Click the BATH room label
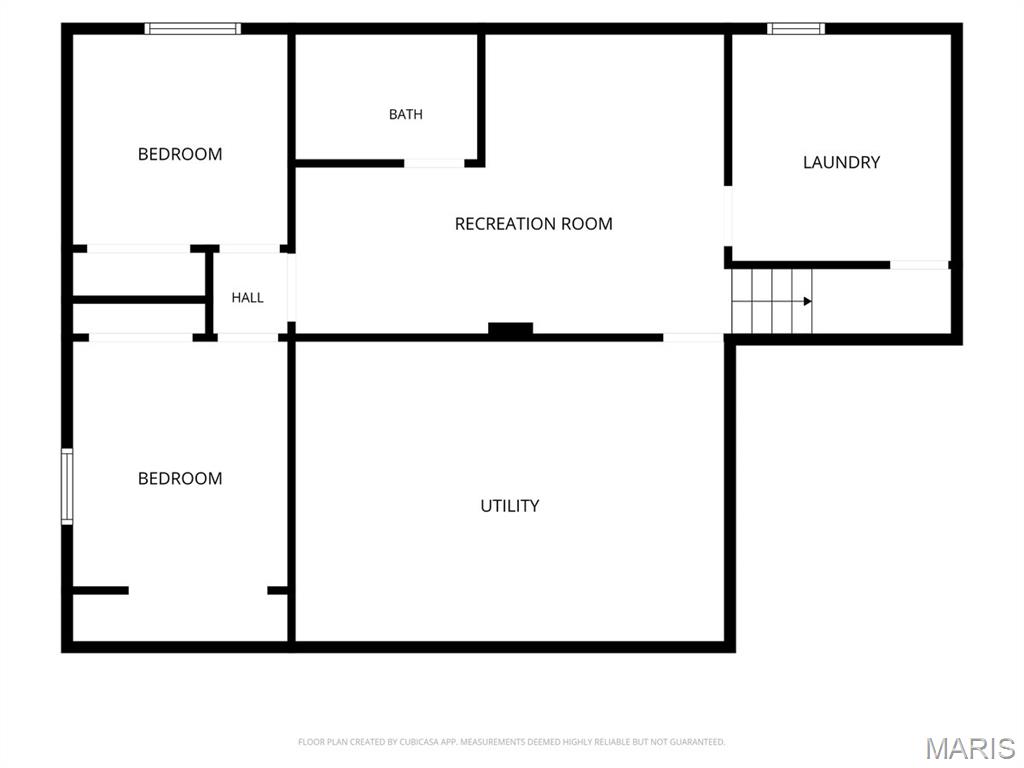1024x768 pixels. click(406, 114)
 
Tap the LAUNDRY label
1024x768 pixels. click(841, 162)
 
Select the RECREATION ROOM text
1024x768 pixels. click(534, 224)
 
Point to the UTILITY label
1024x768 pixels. click(509, 506)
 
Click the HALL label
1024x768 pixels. click(248, 298)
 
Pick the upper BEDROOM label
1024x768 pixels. click(180, 154)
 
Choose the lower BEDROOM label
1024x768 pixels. click(180, 479)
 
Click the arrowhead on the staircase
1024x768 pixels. click(808, 301)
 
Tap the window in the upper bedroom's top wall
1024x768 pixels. click(193, 29)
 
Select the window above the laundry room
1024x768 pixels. click(795, 29)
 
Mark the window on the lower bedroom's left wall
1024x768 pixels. click(67, 486)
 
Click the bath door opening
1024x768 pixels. click(434, 163)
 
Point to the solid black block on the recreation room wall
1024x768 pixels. click(511, 328)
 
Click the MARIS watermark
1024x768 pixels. click(970, 748)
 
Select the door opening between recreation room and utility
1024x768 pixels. click(693, 338)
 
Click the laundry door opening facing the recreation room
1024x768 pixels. click(728, 216)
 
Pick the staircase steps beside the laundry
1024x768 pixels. click(772, 301)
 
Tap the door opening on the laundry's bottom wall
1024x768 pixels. click(920, 264)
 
